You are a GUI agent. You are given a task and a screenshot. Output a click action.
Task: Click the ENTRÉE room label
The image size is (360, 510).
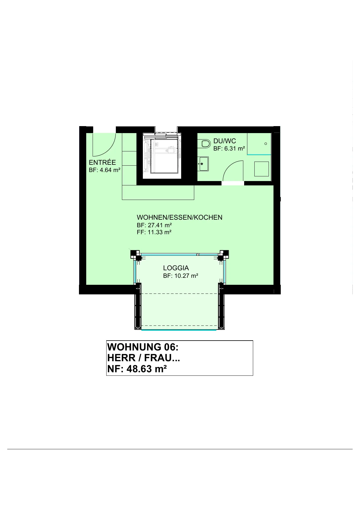tap(102, 162)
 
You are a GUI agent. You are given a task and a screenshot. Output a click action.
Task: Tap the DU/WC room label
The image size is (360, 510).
tap(225, 141)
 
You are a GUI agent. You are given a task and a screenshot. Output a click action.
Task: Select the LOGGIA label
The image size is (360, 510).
tap(176, 268)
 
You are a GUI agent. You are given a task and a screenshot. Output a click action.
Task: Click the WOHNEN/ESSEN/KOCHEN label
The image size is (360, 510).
tap(179, 217)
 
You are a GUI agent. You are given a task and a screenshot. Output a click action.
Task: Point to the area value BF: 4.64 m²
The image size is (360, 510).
tap(105, 170)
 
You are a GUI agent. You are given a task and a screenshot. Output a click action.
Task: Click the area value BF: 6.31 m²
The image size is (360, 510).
tap(229, 149)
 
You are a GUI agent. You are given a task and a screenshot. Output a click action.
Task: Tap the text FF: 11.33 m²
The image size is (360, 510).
tap(154, 232)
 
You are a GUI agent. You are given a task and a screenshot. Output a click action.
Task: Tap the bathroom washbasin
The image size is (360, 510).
tap(203, 164)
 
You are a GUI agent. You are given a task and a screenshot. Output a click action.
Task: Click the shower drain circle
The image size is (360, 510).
tap(266, 144)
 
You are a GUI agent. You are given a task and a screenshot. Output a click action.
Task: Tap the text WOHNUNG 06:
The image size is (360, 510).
tap(143, 347)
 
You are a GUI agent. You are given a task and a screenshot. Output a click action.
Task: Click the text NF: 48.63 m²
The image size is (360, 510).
tap(137, 369)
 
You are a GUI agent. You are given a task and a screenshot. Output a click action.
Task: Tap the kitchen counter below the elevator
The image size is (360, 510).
tap(158, 192)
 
